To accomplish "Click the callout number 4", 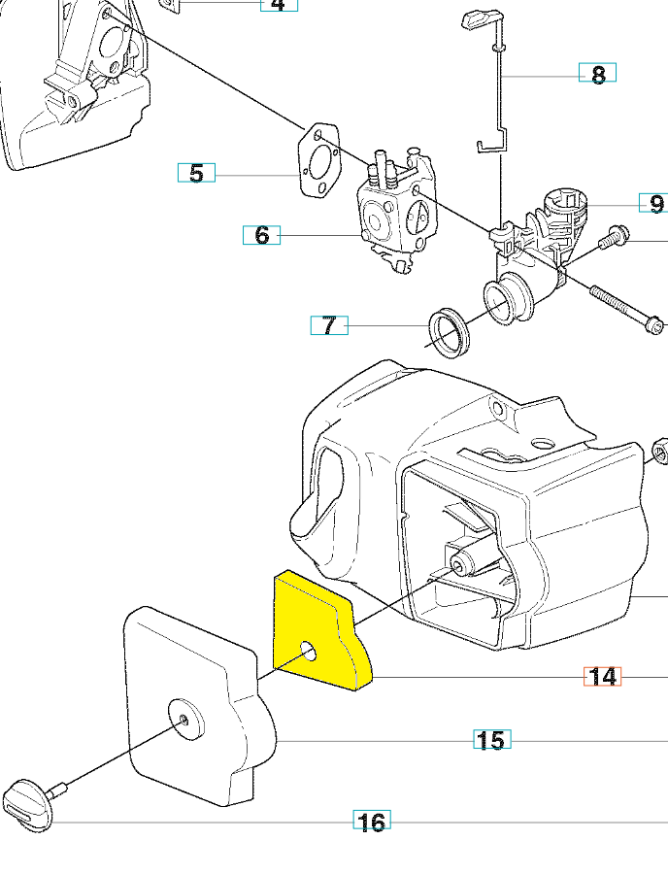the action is click(x=279, y=5).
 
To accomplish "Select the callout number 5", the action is click(x=196, y=173).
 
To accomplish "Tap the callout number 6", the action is click(x=261, y=235).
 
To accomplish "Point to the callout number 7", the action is click(x=329, y=325).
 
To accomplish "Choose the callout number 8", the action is click(x=598, y=73).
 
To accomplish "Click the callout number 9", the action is click(x=655, y=203).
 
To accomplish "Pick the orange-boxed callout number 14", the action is click(x=602, y=676).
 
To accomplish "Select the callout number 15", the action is click(x=492, y=739).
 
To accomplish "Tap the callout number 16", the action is click(x=372, y=821).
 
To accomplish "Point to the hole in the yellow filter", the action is click(x=308, y=650).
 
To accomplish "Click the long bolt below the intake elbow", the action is click(x=627, y=309).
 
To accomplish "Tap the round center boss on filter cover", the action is click(x=186, y=720).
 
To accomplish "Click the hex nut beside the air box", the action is click(x=660, y=450).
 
